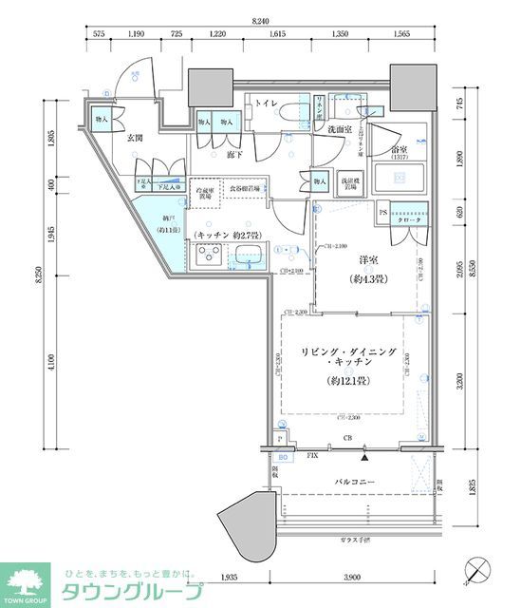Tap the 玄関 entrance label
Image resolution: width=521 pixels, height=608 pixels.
click(135, 139)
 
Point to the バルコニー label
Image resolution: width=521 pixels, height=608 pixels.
click(356, 484)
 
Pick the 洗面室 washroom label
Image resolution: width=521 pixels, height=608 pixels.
click(333, 129)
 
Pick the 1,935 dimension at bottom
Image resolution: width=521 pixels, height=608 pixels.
click(229, 577)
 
